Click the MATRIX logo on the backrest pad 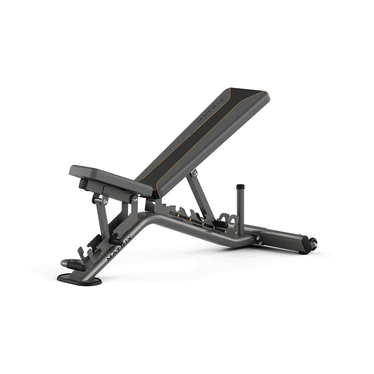click(x=210, y=110)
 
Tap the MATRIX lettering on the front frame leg click(x=119, y=248)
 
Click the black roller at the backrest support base click(x=220, y=225)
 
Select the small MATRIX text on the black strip click(x=173, y=213)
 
